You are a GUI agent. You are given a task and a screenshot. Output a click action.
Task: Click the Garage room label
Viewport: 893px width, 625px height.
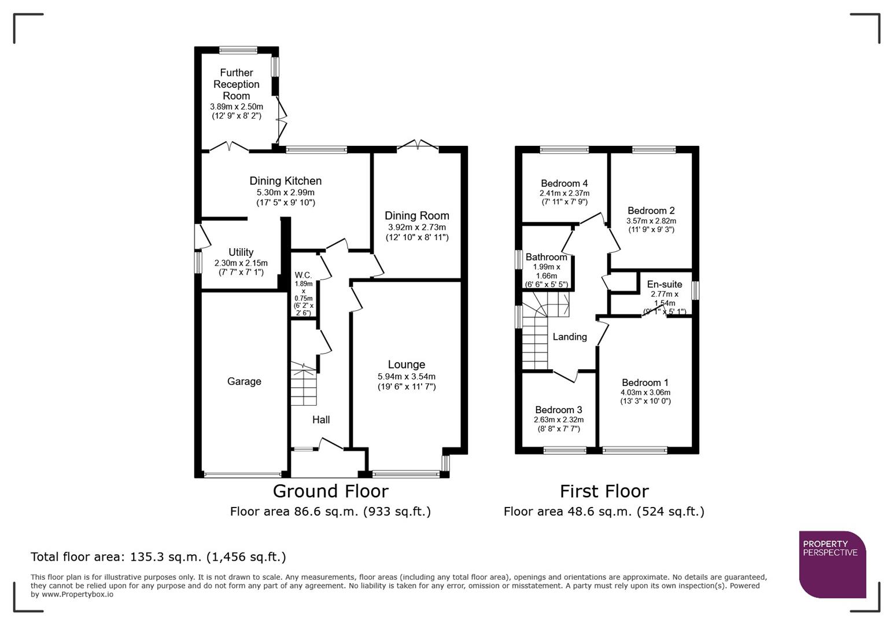(243, 381)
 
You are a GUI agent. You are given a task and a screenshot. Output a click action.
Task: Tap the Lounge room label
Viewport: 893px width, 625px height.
(406, 365)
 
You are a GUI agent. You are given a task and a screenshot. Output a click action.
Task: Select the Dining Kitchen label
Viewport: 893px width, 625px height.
(285, 181)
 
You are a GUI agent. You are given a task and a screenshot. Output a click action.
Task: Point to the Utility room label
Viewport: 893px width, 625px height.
(241, 252)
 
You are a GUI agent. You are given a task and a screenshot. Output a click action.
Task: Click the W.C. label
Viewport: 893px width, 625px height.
(303, 275)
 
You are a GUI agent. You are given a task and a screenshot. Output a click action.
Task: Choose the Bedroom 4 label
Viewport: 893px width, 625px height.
(564, 183)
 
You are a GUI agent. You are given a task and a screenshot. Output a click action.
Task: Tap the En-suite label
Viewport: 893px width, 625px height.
(664, 284)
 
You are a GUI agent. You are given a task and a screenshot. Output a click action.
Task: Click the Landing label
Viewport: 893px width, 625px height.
(569, 337)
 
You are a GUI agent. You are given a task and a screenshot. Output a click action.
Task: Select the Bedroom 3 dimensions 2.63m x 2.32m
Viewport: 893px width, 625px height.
(558, 420)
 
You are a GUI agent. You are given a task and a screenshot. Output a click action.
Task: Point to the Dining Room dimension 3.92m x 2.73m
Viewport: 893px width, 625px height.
(416, 227)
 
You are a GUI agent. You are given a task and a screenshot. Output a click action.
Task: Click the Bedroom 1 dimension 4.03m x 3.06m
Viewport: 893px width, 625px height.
(645, 392)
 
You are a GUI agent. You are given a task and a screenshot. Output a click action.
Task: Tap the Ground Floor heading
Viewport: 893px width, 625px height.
(330, 491)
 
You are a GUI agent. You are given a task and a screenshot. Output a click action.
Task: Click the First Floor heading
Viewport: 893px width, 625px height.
(604, 491)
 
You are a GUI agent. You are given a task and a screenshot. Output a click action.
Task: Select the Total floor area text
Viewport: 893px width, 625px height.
(158, 557)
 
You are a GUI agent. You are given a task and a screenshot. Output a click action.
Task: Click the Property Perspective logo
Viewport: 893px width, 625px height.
(832, 564)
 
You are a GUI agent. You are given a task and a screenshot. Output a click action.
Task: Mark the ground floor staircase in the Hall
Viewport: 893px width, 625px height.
(304, 385)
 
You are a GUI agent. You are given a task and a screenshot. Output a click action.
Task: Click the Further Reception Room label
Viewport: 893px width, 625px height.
(236, 84)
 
